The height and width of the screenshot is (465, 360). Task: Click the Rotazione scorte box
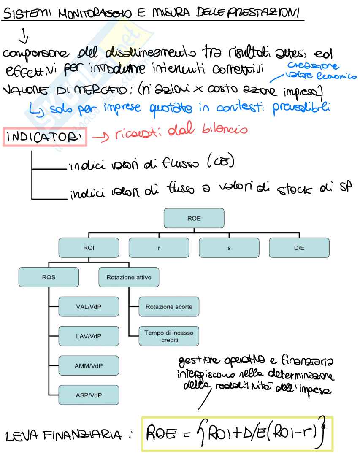(x=168, y=307)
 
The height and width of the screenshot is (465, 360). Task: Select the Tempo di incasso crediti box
(x=168, y=336)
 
